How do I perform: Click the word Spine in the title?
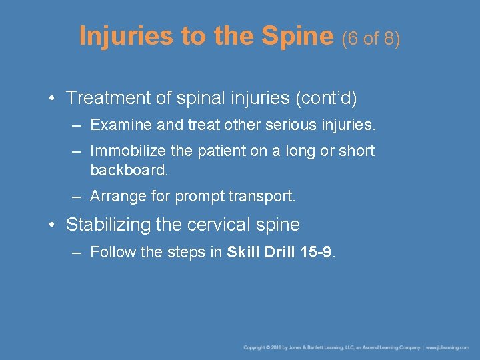(298, 36)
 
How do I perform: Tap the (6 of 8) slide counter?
(371, 39)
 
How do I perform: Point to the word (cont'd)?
(325, 98)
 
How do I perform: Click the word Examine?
(115, 125)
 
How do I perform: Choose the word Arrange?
(115, 197)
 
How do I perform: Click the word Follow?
(110, 252)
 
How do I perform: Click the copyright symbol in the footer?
(266, 347)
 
